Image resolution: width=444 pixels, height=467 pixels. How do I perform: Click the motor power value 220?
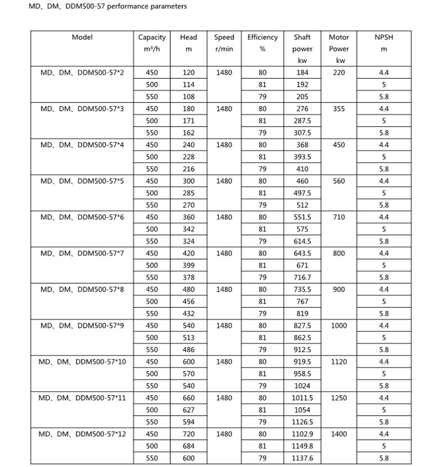339,72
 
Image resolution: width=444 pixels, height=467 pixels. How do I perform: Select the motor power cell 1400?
339,434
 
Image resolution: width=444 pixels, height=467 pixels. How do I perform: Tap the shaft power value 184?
302,72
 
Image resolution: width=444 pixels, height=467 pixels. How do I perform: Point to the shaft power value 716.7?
302,277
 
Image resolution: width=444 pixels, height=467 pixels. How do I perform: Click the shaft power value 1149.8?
302,446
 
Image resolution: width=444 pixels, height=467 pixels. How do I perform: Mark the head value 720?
189,434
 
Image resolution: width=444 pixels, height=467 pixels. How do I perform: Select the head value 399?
189,265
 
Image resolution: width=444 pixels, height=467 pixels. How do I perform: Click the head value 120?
189,72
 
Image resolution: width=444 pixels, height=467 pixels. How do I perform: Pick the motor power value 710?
339,217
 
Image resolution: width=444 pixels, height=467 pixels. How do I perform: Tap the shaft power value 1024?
302,386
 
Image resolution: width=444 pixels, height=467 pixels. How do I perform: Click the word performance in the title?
115,7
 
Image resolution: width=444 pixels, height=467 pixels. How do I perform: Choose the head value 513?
189,337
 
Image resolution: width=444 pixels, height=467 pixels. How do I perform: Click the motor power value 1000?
339,326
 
